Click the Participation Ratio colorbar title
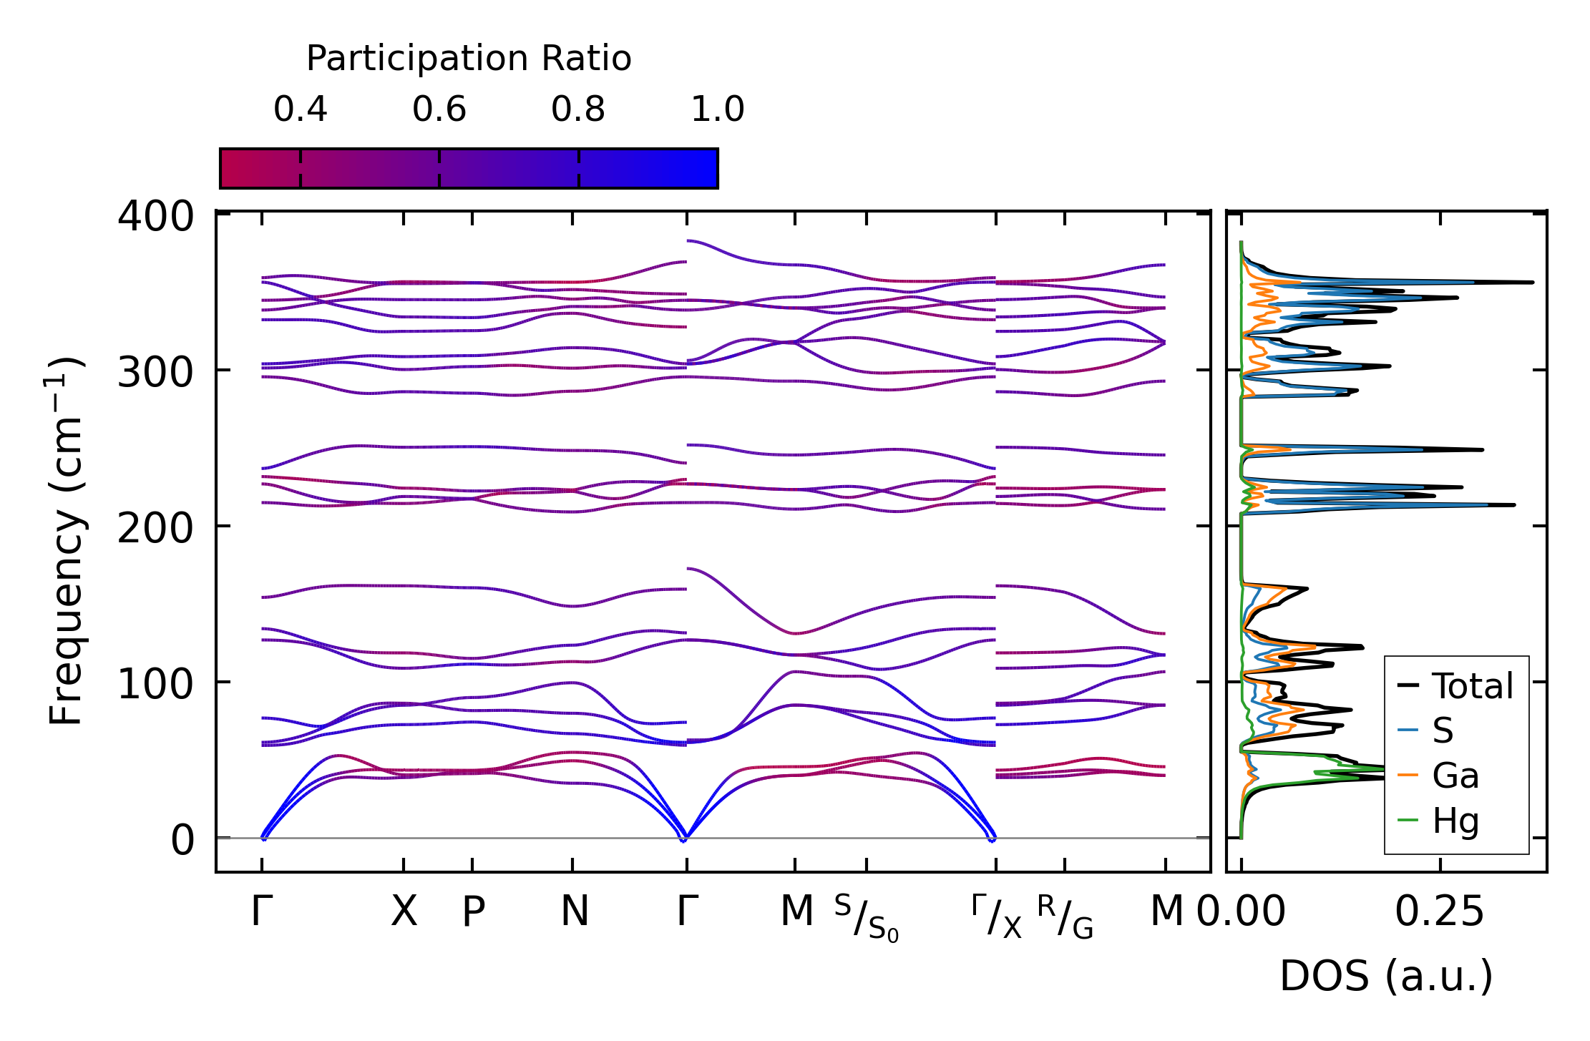click(x=469, y=59)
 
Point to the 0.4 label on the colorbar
click(x=300, y=110)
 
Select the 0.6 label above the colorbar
click(x=439, y=110)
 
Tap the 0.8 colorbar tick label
click(x=578, y=110)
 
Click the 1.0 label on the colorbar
click(x=718, y=110)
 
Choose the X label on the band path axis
click(x=404, y=912)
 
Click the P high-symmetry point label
click(x=473, y=912)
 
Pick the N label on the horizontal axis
click(x=575, y=912)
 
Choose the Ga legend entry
click(x=1455, y=776)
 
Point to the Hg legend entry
click(x=1455, y=821)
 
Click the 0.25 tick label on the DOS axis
click(x=1439, y=912)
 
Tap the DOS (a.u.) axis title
click(x=1386, y=976)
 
